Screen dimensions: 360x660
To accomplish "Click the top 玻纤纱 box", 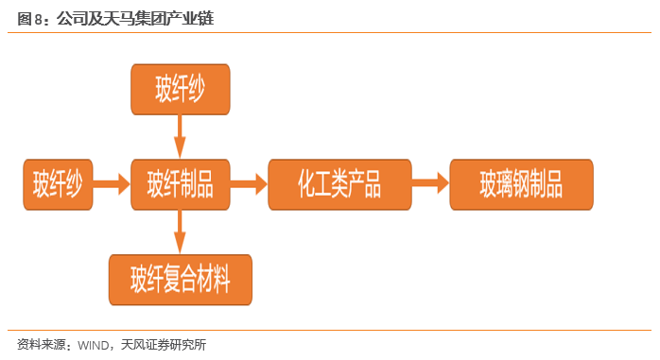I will (179, 90).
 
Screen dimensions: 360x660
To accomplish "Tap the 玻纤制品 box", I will (179, 184).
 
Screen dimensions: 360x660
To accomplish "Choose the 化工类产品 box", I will (339, 184).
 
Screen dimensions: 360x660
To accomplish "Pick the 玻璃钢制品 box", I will (521, 184).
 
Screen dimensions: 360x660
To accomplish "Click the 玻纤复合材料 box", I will (180, 280).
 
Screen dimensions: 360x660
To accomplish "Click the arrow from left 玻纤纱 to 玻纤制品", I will (113, 184).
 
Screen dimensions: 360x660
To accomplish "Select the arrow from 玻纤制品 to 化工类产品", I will (249, 184).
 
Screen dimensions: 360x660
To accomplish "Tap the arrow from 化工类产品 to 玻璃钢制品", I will (430, 184).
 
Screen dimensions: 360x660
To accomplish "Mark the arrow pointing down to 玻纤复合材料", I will (179, 231).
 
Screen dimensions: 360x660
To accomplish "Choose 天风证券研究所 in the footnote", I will (164, 345).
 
